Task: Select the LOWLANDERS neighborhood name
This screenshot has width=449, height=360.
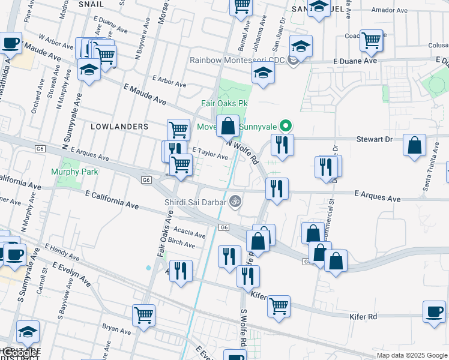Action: tap(119, 127)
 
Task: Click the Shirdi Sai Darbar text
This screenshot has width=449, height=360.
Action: tap(196, 202)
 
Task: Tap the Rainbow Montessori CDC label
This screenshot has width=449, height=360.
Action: tap(237, 59)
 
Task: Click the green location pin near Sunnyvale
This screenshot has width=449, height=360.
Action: tap(286, 126)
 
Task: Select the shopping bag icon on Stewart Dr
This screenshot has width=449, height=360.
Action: tap(415, 146)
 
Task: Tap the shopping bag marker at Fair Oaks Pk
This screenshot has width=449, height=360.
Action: tap(228, 126)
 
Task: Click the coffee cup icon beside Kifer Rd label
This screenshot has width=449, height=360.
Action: tap(435, 311)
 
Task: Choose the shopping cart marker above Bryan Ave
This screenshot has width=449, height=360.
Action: tap(144, 314)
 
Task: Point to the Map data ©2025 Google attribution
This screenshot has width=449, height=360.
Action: tap(411, 355)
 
